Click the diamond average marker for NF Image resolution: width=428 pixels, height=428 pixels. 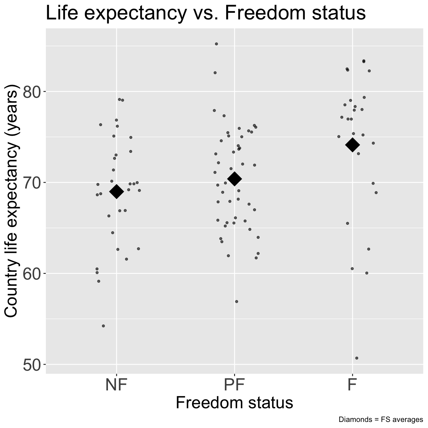point(117,191)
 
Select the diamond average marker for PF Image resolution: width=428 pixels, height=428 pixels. point(235,179)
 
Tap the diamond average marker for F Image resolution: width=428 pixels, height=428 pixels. point(353,145)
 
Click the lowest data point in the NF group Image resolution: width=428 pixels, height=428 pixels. point(103,326)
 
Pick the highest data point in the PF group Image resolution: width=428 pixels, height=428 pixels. point(216,44)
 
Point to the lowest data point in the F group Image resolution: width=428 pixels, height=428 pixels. point(357,358)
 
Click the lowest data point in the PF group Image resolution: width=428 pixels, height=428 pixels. point(236,302)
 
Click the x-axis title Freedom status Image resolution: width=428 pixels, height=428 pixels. point(234,403)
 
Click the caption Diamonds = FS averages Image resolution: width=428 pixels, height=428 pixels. point(381,419)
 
